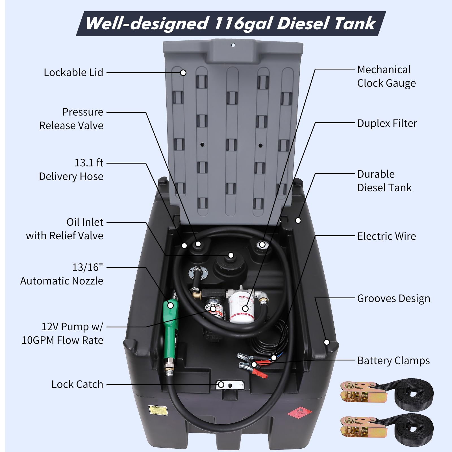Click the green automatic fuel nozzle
click(170, 322)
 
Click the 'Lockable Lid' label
click(73, 73)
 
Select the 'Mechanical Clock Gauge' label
click(386, 76)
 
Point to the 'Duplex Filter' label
click(387, 123)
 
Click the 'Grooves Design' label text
click(393, 299)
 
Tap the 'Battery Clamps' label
click(393, 361)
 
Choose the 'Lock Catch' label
click(77, 384)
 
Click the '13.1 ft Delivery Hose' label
click(71, 169)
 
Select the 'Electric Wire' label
click(386, 236)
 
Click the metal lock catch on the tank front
click(230, 384)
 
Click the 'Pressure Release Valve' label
click(71, 119)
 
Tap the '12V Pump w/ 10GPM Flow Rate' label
click(63, 333)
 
